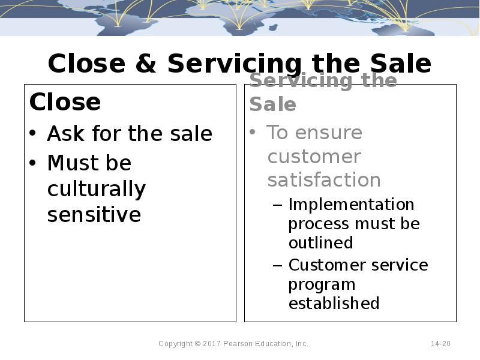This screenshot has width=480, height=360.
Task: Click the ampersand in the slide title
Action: tap(148, 64)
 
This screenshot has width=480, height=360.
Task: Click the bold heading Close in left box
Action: tap(65, 102)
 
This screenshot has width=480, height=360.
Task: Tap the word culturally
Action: tap(97, 189)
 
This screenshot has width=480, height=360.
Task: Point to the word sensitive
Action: tap(94, 214)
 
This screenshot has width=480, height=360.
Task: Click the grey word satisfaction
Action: tap(324, 180)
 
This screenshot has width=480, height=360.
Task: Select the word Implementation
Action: tap(351, 205)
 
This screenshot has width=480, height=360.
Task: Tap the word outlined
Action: tap(320, 242)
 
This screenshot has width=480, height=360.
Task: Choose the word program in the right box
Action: tap(322, 284)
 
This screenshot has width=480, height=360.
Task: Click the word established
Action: tap(334, 303)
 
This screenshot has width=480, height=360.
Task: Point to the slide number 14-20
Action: tap(440, 344)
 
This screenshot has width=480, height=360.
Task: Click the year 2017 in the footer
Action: tap(212, 344)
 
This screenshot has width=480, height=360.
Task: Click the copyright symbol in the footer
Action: tap(198, 344)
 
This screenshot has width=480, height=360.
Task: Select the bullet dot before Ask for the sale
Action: tap(34, 134)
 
